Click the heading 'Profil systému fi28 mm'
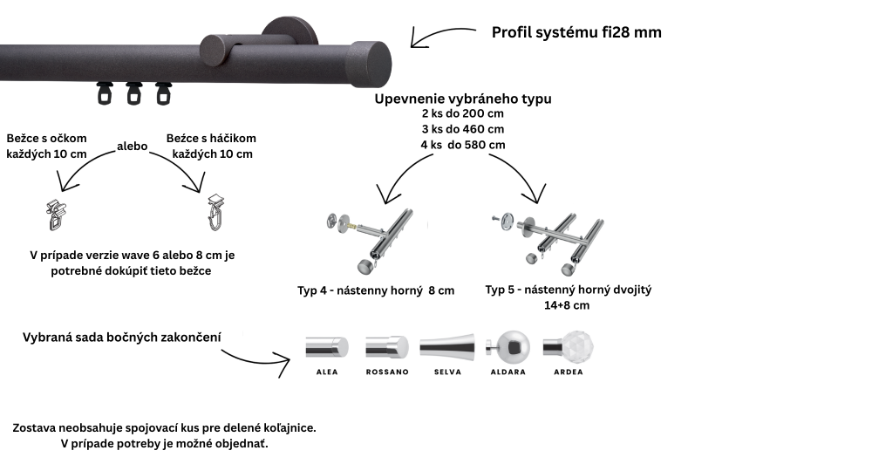(576, 33)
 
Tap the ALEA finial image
(326, 347)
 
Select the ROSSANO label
(387, 372)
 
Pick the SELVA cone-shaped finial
(447, 347)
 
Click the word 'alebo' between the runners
(133, 147)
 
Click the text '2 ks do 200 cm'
(462, 114)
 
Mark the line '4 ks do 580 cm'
(462, 145)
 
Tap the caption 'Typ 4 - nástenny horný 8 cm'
(376, 290)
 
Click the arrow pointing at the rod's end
(441, 37)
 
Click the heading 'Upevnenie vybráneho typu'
(463, 99)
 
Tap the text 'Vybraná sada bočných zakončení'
(121, 337)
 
